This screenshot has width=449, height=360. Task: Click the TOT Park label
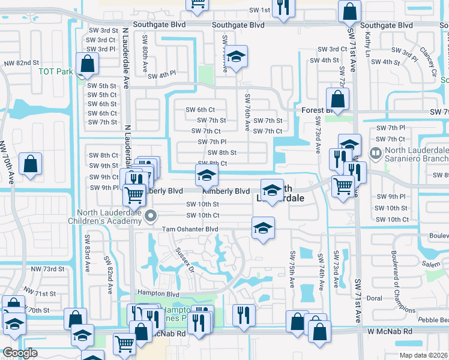(x=55, y=71)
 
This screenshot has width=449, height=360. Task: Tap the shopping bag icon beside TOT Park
(x=88, y=65)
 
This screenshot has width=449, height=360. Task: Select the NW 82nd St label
(x=21, y=62)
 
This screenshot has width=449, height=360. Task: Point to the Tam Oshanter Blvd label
(x=189, y=229)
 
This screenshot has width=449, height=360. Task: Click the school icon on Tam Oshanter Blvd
(x=262, y=229)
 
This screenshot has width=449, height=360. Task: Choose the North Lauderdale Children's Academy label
(x=110, y=215)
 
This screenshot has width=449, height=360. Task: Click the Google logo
(x=20, y=353)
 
